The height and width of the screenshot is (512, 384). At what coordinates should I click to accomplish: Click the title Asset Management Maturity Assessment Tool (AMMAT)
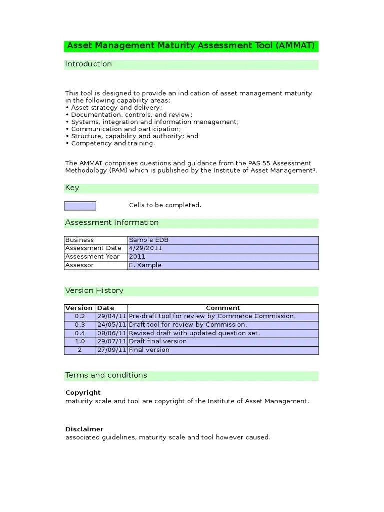point(191,46)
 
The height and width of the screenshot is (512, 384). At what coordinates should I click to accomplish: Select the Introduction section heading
point(88,64)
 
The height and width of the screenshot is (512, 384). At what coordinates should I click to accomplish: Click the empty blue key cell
point(80,206)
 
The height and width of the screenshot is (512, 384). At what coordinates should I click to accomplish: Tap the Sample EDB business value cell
point(222,240)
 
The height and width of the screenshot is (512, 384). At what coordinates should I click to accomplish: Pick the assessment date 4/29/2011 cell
point(222,248)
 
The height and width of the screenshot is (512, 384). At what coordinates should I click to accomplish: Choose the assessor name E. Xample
point(222,265)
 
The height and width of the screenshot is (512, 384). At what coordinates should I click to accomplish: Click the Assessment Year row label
point(92,257)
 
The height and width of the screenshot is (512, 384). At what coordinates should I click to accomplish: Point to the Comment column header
point(223,308)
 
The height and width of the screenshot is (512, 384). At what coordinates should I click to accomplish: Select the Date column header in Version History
point(106,308)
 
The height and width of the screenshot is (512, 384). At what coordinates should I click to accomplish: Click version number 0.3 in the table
point(80,325)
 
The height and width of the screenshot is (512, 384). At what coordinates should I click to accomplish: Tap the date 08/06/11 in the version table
point(112,333)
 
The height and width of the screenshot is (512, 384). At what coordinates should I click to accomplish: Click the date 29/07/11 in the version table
point(112,341)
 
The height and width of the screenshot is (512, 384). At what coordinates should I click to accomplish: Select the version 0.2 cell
point(80,316)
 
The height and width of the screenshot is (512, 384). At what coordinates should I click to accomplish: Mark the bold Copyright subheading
point(83,393)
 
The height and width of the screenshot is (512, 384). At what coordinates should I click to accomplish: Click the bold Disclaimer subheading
point(84,429)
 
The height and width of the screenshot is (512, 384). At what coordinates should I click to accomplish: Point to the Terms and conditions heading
point(106,375)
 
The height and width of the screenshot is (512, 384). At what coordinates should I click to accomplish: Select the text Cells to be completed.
point(165,205)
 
